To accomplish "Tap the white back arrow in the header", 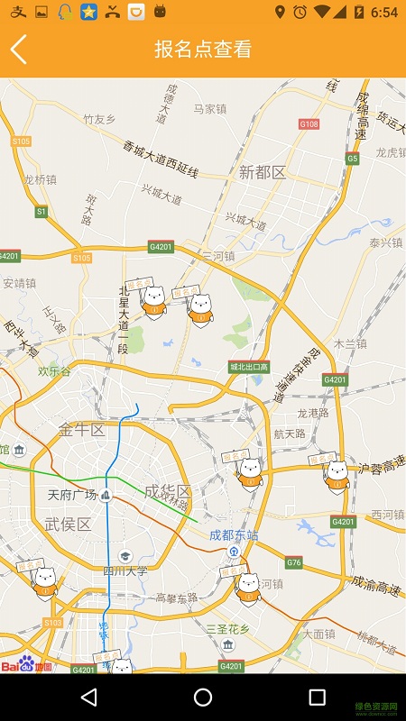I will click(19, 50).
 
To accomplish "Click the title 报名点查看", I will click(203, 50).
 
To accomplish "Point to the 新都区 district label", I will click(263, 172).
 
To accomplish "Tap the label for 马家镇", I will click(209, 109).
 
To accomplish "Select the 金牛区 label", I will click(82, 430).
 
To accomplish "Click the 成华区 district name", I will click(168, 491).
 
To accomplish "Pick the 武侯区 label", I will click(68, 525).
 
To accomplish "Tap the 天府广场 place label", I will click(72, 494).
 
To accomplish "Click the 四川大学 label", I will click(125, 570).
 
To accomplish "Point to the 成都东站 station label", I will click(234, 534).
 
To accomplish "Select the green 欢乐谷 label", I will click(54, 370).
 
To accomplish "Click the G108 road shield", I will click(309, 123).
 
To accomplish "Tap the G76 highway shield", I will click(294, 562).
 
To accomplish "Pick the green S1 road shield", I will click(41, 211).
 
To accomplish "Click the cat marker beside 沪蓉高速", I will click(336, 474).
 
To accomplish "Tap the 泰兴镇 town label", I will click(385, 242).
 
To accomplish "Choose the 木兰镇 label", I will click(350, 343).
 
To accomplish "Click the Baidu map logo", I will click(26, 666).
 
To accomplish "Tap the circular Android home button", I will click(203, 698).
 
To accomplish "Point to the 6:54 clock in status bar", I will click(383, 12).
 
